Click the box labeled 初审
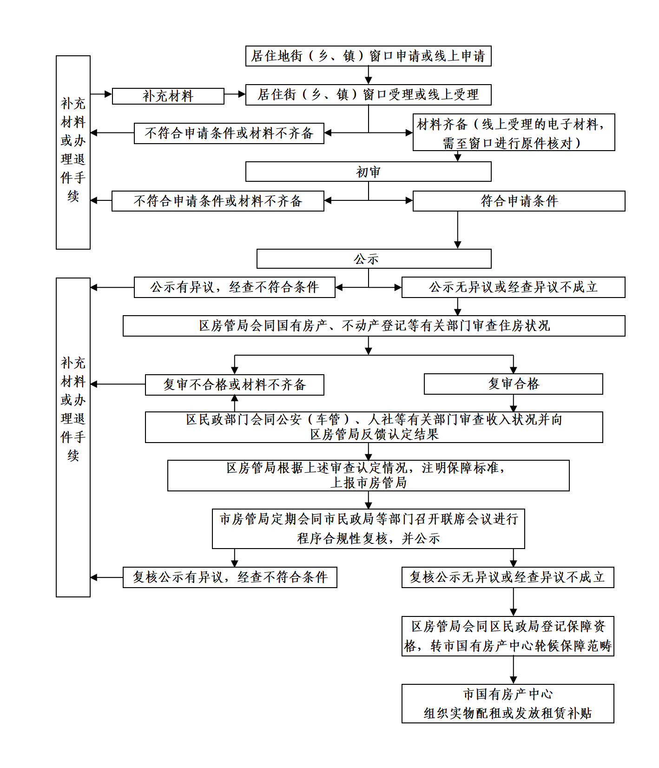point(368,172)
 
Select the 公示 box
point(374,258)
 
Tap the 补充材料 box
point(168,96)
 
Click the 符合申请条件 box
point(519,201)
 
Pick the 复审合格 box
point(513,384)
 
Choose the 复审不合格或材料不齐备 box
point(234,385)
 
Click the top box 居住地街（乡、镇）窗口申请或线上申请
point(368,56)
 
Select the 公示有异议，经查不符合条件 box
point(234,287)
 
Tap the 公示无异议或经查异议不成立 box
point(513,287)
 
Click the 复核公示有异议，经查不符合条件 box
point(230,577)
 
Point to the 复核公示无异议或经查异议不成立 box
point(507,577)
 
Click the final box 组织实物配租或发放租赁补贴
point(507,703)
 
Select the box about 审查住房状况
point(374,326)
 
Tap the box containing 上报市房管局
point(368,476)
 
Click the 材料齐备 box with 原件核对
point(514,132)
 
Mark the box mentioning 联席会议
point(368,529)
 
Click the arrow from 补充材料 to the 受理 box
point(235,94)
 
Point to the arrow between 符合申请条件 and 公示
point(458,230)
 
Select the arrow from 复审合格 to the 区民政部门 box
point(514,403)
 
